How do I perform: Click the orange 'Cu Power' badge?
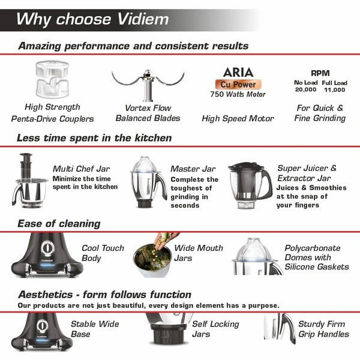pyautogui.click(x=238, y=84)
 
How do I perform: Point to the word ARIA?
pyautogui.click(x=238, y=72)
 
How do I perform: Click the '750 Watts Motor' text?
pyautogui.click(x=238, y=94)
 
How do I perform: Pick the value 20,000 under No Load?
pyautogui.click(x=305, y=89)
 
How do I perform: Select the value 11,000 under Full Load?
pyautogui.click(x=334, y=89)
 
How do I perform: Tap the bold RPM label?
pyautogui.click(x=320, y=73)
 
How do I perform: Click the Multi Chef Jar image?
pyautogui.click(x=27, y=180)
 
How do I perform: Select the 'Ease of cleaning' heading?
pyautogui.click(x=59, y=223)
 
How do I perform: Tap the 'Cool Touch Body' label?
pyautogui.click(x=103, y=253)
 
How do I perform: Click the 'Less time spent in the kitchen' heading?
pyautogui.click(x=94, y=138)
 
